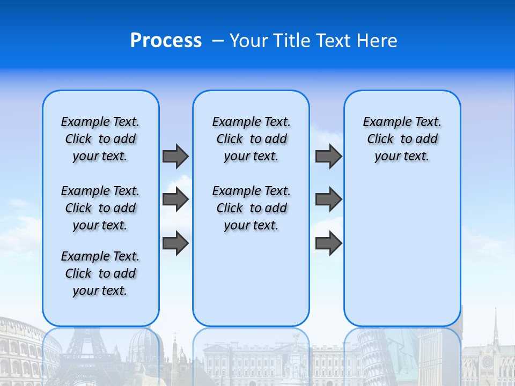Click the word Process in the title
166,41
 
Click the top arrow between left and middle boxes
175,156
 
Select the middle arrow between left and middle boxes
175,199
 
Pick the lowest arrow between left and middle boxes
175,243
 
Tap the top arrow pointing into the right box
328,156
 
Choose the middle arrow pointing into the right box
328,199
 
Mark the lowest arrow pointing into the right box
328,243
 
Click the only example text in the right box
402,139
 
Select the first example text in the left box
100,139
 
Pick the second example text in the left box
100,208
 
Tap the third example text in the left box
100,273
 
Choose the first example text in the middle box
251,139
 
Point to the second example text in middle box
251,208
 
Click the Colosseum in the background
21,348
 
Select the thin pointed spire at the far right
496,327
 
